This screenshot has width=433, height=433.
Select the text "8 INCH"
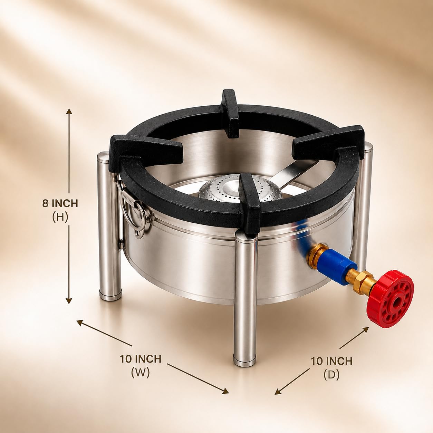point(60,204)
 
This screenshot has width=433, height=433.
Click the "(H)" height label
point(60,217)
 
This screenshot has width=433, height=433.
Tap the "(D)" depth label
point(331,375)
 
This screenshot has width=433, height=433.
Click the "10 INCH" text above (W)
point(141,359)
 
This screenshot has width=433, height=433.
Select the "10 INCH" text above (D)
point(331,361)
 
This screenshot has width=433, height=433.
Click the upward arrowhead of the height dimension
point(69,112)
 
